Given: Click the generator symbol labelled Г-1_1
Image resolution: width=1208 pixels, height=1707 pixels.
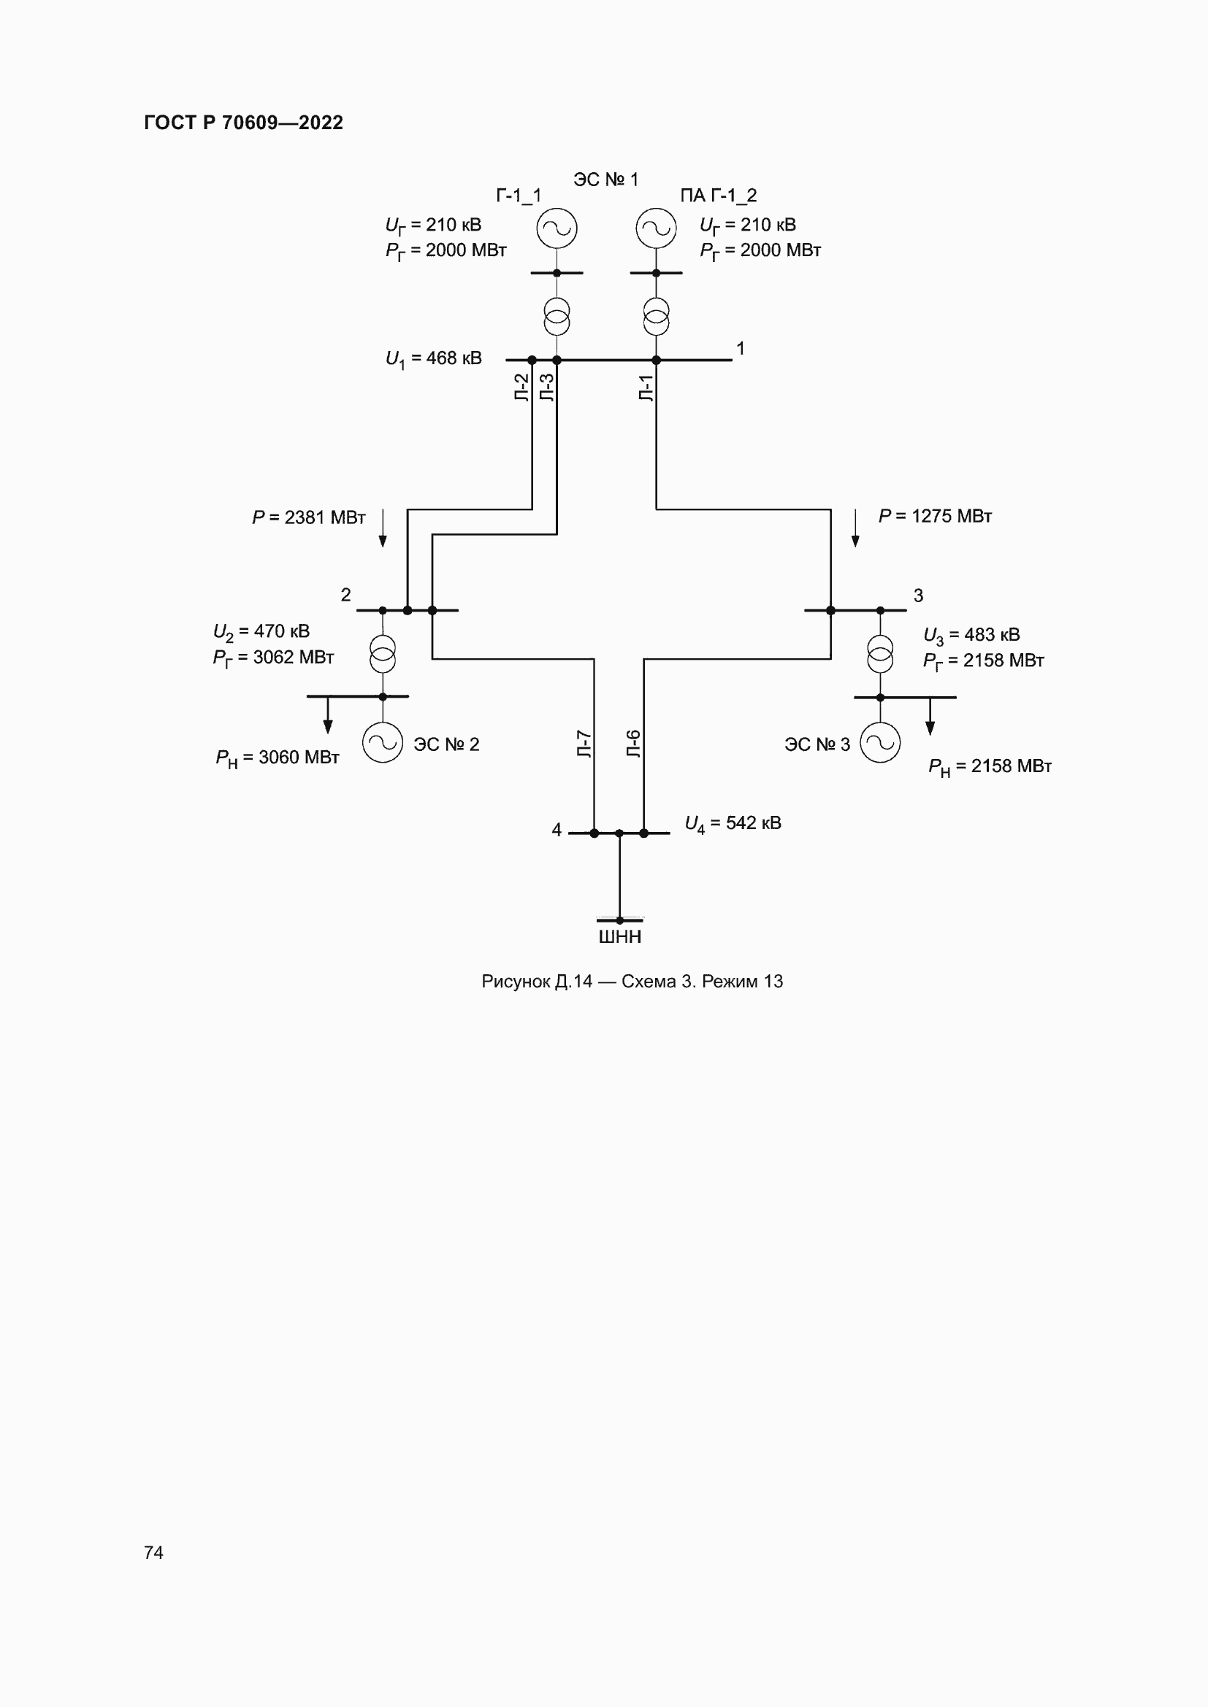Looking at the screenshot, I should (557, 228).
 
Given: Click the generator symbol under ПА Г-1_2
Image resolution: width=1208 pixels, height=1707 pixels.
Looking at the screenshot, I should (656, 228).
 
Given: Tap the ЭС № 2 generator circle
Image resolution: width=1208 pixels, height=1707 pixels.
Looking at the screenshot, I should (382, 743).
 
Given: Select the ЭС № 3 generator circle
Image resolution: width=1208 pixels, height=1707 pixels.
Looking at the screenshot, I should (880, 743).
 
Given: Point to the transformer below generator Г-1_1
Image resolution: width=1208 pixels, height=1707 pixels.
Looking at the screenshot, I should (557, 317).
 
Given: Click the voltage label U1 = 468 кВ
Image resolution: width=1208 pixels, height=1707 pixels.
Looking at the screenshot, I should (434, 359).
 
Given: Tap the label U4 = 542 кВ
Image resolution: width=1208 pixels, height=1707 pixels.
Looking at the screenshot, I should (733, 824).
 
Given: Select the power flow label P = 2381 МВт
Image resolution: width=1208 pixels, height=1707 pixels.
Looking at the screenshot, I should (309, 517).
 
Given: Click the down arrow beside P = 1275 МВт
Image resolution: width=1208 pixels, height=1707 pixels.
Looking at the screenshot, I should (855, 528).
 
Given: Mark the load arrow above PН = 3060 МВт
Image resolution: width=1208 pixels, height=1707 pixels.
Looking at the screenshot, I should (328, 715).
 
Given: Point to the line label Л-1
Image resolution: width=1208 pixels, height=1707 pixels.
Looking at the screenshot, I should (646, 388).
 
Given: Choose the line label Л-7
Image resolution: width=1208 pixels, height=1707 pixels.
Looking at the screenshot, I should (585, 744).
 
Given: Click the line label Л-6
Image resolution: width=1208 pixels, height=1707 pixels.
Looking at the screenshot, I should (634, 744).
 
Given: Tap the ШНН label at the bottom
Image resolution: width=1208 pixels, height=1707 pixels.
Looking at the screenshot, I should (619, 937).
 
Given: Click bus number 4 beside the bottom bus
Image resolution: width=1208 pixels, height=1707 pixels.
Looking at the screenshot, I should (557, 830).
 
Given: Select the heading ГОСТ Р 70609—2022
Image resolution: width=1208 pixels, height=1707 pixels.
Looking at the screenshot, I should (243, 123).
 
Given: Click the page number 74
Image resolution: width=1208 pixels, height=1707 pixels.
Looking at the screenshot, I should (153, 1552).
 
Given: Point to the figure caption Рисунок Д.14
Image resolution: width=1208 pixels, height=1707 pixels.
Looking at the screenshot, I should (632, 982).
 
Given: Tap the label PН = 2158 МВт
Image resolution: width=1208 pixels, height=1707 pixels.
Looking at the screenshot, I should (990, 766).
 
